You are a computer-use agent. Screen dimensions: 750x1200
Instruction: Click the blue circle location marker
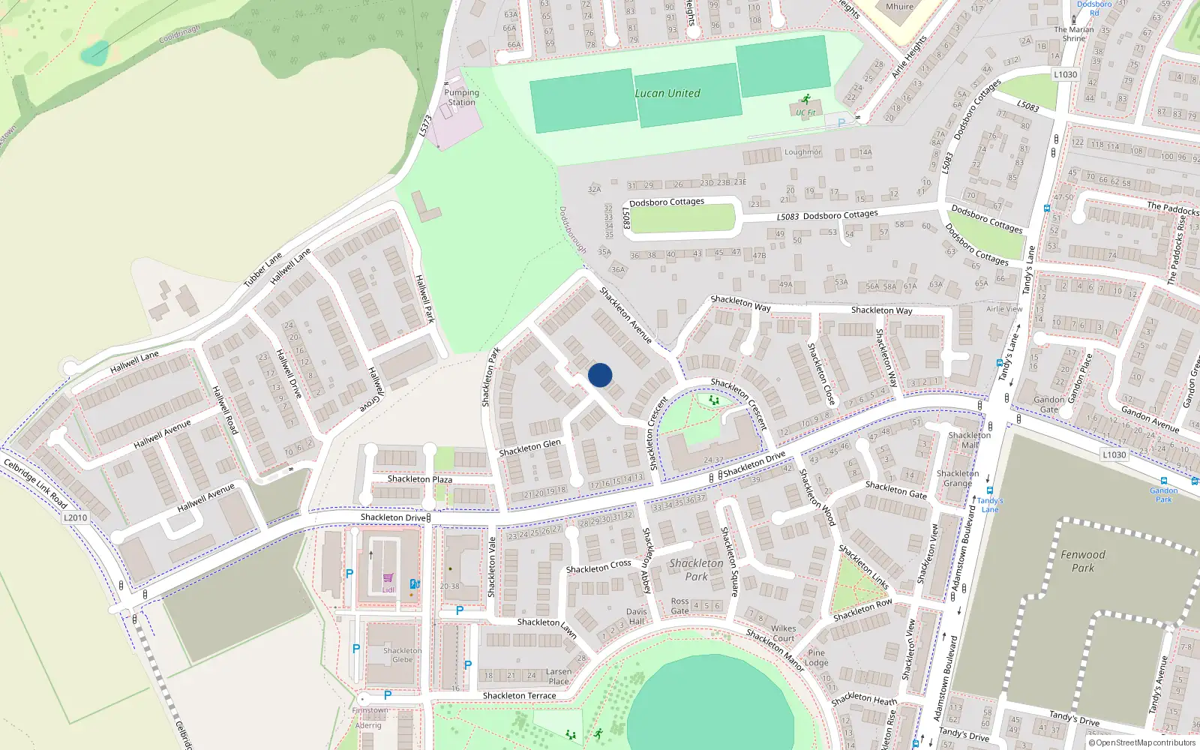coord(600,375)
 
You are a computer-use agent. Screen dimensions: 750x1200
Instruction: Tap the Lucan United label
coord(667,94)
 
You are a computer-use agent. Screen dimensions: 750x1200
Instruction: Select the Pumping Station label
coord(461,97)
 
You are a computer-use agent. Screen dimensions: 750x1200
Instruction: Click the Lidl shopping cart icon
coord(388,578)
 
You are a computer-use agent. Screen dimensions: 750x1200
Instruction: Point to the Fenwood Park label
coord(1082,561)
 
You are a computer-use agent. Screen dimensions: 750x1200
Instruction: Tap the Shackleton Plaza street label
coord(419,479)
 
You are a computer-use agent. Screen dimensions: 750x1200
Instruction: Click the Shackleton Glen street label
coord(529,448)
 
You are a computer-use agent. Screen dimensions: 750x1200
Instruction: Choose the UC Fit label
coord(805,113)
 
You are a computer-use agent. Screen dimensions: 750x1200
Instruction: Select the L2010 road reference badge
coord(75,517)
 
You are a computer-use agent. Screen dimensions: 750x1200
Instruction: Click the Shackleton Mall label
coord(969,440)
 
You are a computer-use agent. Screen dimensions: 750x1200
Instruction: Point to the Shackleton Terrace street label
coord(519,696)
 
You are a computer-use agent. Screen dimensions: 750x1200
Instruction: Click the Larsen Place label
coord(558,676)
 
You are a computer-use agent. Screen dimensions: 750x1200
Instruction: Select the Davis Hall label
coord(636,616)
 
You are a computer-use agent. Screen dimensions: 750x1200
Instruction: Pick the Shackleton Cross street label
coord(598,567)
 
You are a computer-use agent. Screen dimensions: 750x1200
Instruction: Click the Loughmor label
coord(802,152)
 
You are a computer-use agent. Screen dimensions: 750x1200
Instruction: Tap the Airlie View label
coord(1003,309)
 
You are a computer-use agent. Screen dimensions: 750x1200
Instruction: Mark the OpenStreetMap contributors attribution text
coord(1142,743)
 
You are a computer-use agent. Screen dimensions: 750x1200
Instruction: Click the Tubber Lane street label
coord(262,270)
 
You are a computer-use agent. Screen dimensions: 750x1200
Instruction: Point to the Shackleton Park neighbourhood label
coord(696,569)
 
